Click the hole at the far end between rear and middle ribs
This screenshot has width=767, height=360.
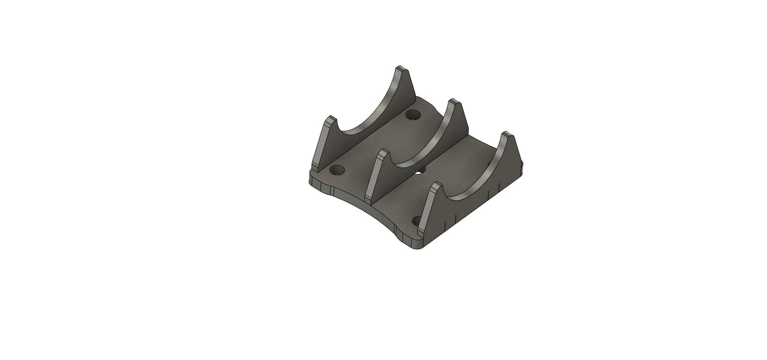412,114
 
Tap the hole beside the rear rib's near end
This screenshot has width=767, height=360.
337,170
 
